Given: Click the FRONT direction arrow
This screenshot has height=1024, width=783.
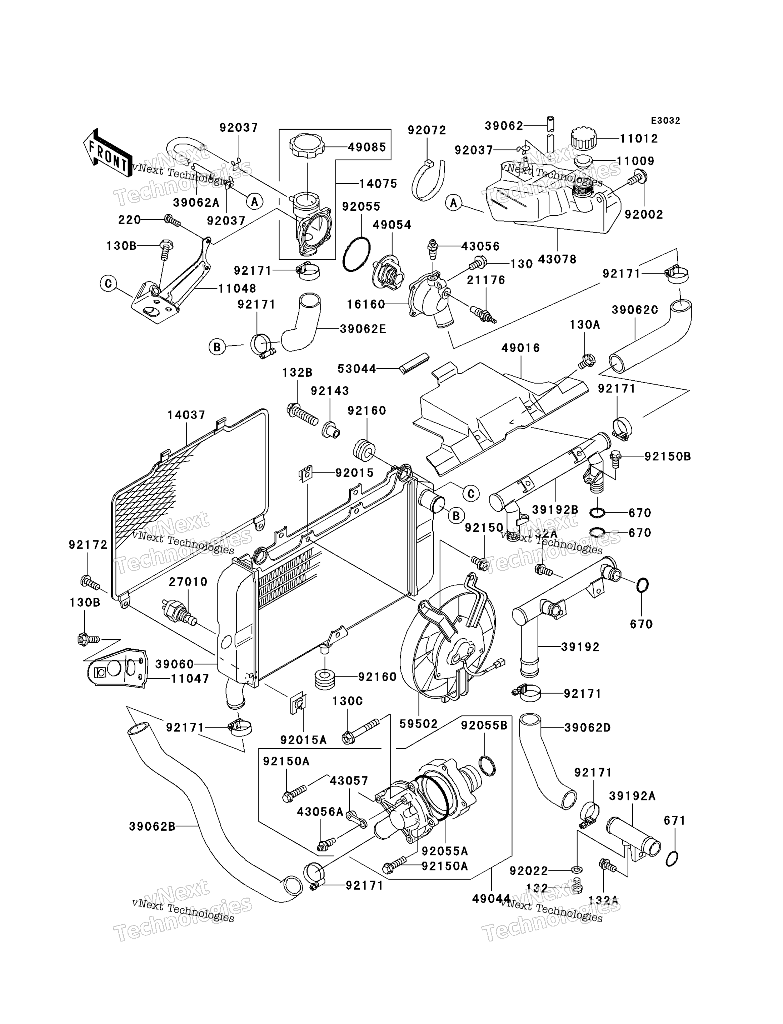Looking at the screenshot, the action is coord(107,153).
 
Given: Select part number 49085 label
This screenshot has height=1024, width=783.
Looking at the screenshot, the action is coord(367,147).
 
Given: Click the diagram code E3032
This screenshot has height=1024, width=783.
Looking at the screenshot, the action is coord(665,121).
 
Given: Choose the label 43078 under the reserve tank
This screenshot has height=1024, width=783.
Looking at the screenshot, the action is coord(557,259).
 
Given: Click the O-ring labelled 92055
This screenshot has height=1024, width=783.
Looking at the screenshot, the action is coord(356,254).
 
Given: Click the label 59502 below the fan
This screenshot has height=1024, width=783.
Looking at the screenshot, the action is coord(419,724).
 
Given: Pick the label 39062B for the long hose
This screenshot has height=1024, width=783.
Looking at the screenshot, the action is coord(153,826).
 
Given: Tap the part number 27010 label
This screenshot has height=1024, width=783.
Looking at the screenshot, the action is coord(188,582).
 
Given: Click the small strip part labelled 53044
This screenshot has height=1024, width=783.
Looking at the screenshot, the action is coord(414,363).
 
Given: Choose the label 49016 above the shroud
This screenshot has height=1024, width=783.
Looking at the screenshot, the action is coord(520,348).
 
